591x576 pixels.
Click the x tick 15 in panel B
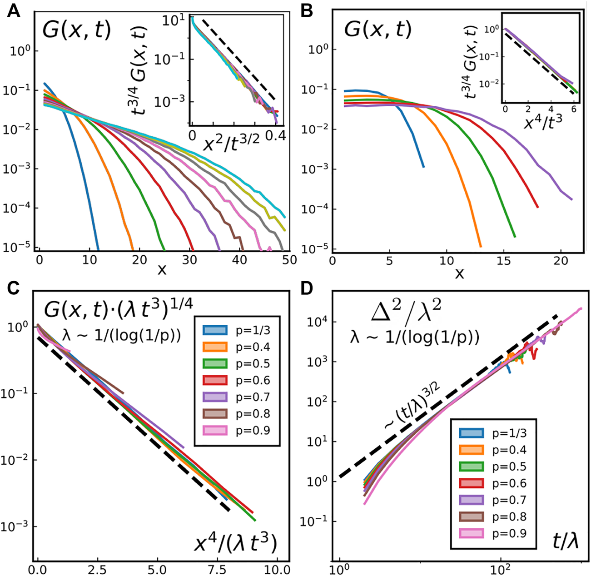(504, 262)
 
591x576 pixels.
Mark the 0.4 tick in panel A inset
(274, 135)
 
